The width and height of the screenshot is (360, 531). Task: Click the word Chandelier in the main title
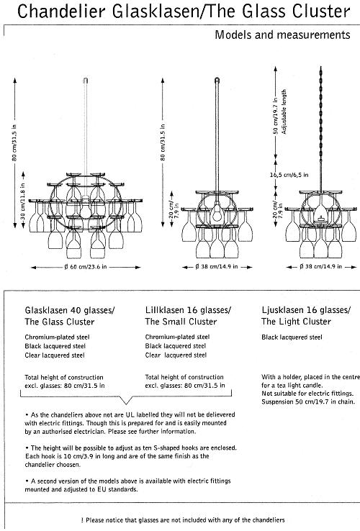tap(61, 12)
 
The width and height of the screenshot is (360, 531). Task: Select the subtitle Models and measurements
tap(282, 35)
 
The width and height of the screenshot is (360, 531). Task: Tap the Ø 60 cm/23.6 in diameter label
tap(86, 267)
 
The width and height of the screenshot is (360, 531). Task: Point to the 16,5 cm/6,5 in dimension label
tap(289, 175)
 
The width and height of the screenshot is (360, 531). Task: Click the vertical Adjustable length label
tap(284, 112)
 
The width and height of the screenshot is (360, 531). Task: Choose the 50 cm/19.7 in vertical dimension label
tap(276, 116)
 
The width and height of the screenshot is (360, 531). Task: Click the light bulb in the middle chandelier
tap(217, 214)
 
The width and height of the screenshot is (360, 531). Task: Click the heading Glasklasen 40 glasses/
tap(70, 310)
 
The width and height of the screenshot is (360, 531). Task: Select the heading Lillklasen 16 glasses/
tap(188, 310)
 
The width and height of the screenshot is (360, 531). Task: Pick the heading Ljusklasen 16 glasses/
tap(306, 310)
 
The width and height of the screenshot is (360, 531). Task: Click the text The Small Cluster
tap(181, 322)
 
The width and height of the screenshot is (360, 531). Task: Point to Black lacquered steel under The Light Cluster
tap(292, 337)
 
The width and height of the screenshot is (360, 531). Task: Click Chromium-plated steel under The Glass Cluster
tap(57, 337)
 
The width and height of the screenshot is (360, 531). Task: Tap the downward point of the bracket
tap(126, 404)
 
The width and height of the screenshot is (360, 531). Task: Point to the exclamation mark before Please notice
tap(82, 520)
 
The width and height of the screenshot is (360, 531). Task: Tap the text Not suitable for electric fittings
tap(307, 394)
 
